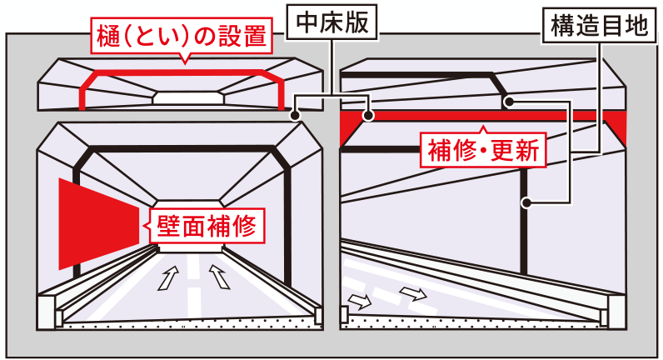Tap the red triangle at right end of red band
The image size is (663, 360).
pyautogui.click(x=617, y=125)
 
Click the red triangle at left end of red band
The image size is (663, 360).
pyautogui.click(x=348, y=125)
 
